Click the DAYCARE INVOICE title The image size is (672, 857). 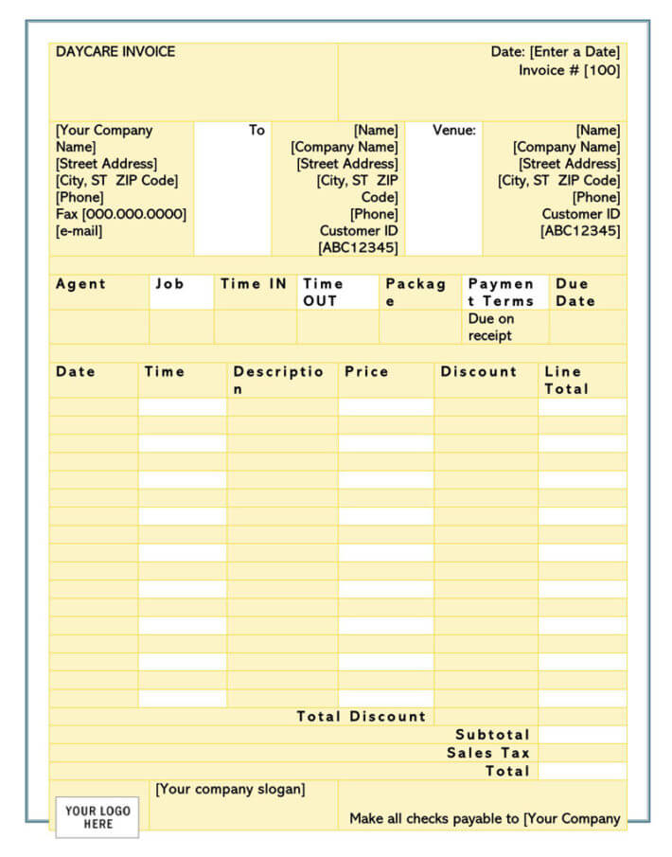tap(115, 52)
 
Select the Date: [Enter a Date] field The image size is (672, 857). tap(555, 52)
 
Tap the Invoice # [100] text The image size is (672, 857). tap(569, 71)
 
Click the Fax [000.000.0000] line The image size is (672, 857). tap(121, 214)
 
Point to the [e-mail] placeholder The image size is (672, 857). tap(80, 231)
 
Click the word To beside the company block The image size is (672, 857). tap(256, 131)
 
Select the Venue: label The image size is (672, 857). tap(454, 131)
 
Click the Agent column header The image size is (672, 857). tap(80, 284)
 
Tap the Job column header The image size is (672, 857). tap(169, 284)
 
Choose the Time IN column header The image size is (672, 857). tap(254, 284)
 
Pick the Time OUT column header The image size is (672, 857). tap(323, 292)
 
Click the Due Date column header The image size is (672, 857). tap(575, 292)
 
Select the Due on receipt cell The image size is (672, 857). tap(490, 327)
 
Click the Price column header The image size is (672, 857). tap(366, 372)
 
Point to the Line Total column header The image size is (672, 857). tap(566, 380)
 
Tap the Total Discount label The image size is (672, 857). tap(361, 717)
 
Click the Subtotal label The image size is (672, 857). tap(492, 735)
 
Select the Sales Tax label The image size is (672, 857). tap(488, 753)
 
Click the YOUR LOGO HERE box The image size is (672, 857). tap(97, 817)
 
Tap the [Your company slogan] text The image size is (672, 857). tap(230, 789)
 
